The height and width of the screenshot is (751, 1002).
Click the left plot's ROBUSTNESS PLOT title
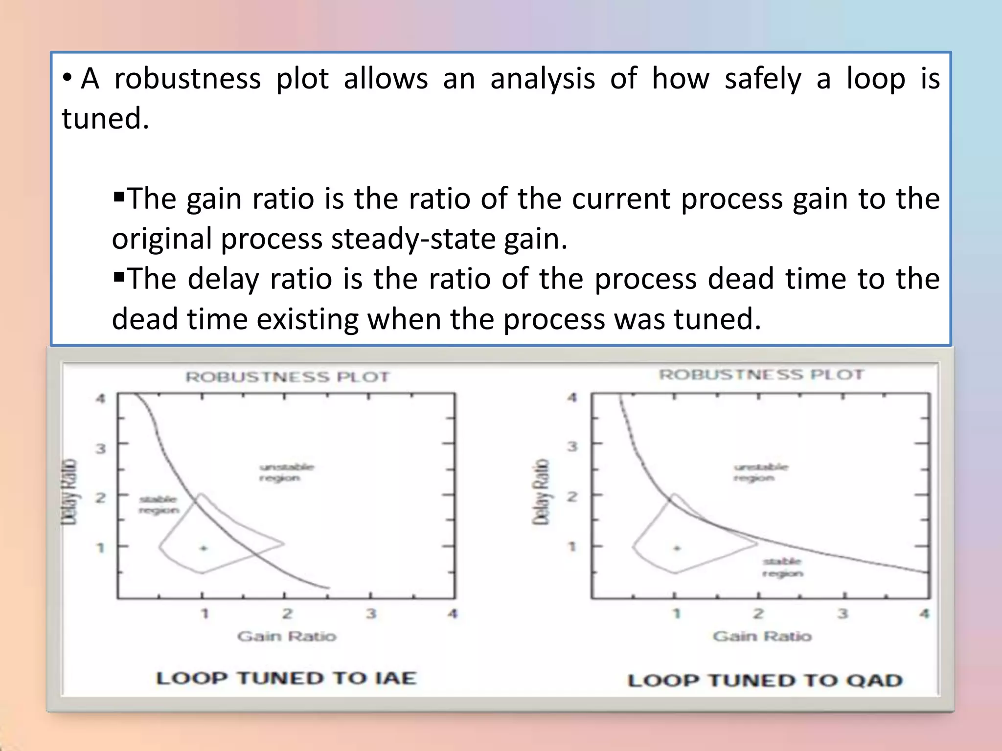point(287,377)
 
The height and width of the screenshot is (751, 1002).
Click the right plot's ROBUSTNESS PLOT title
point(761,375)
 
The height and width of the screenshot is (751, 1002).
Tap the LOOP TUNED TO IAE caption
point(286,678)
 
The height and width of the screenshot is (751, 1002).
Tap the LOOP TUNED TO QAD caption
point(765,680)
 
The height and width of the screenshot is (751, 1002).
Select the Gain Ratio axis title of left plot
point(287,636)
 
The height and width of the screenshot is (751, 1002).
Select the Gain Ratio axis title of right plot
point(762,636)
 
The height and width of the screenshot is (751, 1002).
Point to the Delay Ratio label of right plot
point(541,492)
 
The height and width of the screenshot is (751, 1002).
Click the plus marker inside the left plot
point(204,548)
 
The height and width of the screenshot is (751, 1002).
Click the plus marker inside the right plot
point(677,548)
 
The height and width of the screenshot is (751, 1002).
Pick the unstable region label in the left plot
point(286,472)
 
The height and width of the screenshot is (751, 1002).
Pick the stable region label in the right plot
point(782,567)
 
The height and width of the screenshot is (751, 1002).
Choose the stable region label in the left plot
point(159,505)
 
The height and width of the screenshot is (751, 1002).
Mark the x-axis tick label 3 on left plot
point(371,613)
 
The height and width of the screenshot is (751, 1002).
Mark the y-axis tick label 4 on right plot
point(572,397)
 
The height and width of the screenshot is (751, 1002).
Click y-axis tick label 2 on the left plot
point(100,498)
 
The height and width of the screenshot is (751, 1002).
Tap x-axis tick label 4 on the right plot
point(924,613)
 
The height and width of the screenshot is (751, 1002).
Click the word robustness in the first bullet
point(187,79)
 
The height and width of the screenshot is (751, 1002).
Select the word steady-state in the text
point(413,239)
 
